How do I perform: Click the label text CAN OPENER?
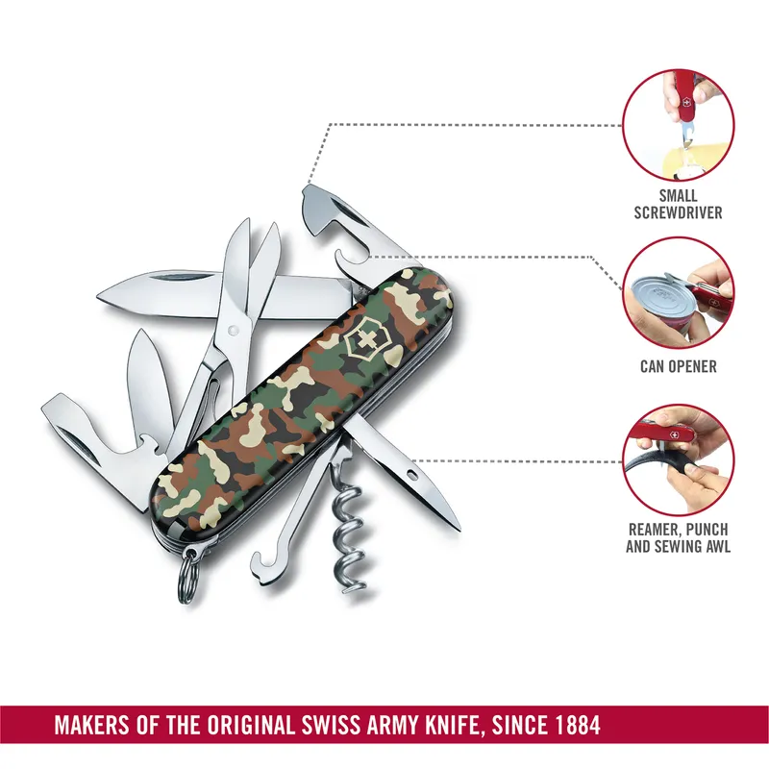[678, 367]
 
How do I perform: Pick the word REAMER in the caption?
[655, 530]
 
